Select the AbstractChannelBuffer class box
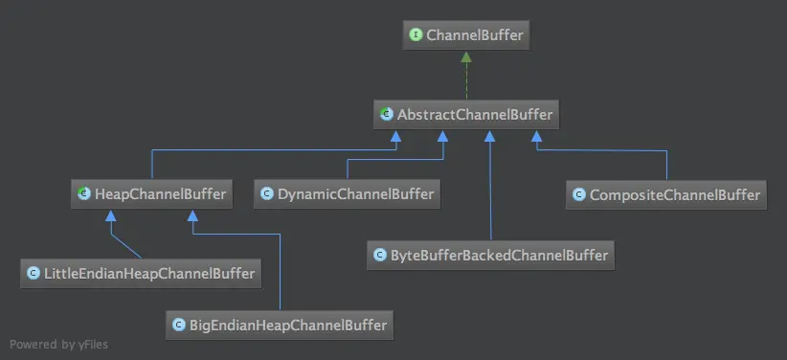(x=465, y=115)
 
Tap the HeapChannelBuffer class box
(x=151, y=194)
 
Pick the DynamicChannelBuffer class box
(x=347, y=194)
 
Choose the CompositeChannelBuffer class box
(x=667, y=194)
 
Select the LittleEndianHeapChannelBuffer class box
(x=141, y=273)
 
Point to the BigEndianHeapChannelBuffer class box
(x=280, y=325)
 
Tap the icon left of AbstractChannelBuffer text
(x=387, y=115)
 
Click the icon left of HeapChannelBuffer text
(x=84, y=194)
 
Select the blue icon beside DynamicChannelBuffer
(x=268, y=194)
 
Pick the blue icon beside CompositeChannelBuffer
(x=579, y=194)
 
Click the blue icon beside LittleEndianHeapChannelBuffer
(x=34, y=273)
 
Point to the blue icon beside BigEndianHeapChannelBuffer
(x=178, y=325)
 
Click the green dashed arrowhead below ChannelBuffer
(x=465, y=57)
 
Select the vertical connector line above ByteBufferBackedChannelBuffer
(x=489, y=191)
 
